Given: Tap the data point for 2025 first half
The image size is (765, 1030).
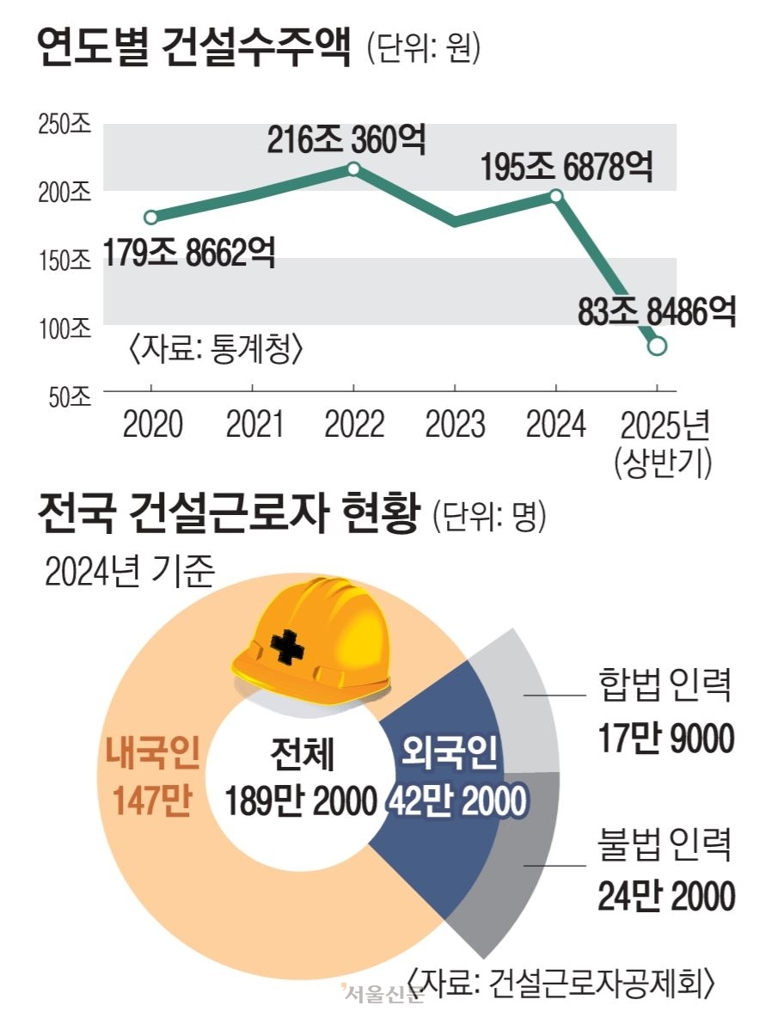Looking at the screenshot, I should [657, 346].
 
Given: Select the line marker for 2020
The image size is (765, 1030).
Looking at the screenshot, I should [151, 217].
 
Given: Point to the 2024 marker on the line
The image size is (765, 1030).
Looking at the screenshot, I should [556, 196].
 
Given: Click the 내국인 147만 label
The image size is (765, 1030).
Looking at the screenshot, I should [152, 777].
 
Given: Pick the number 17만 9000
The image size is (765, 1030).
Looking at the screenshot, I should [666, 739].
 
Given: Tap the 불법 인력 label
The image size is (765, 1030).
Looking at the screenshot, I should [664, 846].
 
